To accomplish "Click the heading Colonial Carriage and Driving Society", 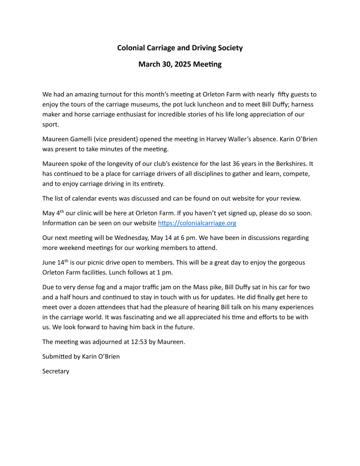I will click(x=179, y=48).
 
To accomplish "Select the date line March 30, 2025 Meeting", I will click(x=179, y=64).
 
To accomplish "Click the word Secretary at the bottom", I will click(x=56, y=371).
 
